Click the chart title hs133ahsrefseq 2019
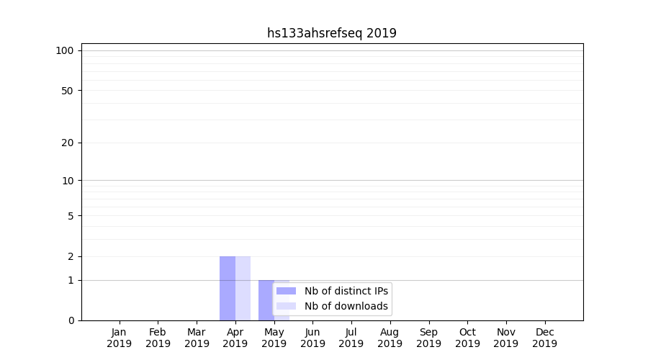(331, 33)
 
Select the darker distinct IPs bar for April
(228, 288)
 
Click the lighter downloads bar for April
(243, 288)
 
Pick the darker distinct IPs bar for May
(266, 299)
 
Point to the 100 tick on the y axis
(65, 50)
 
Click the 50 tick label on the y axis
(68, 91)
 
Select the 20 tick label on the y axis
(68, 143)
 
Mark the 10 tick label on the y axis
(68, 181)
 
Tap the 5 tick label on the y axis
(71, 216)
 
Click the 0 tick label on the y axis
(71, 320)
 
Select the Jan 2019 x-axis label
(120, 338)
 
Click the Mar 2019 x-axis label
(197, 338)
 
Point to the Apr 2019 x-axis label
(235, 338)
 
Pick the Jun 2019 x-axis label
(312, 338)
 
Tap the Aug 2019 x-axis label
(390, 338)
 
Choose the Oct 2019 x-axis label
(467, 338)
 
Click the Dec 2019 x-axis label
(544, 338)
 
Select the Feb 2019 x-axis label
(158, 338)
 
